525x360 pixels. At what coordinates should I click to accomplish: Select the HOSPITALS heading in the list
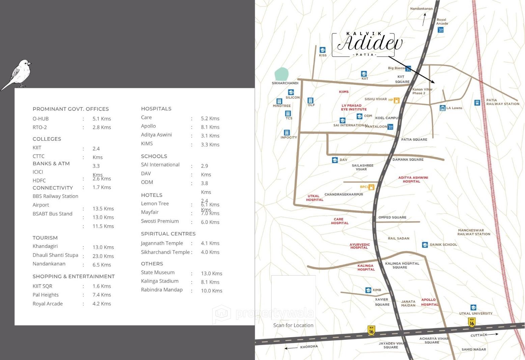[x=156, y=109]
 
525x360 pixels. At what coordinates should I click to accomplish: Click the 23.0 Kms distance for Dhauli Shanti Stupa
[x=103, y=256]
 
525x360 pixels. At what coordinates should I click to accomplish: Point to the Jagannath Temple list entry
[x=162, y=243]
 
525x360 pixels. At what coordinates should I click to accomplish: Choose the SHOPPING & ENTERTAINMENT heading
[x=74, y=276]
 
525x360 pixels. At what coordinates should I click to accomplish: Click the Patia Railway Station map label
[x=502, y=102]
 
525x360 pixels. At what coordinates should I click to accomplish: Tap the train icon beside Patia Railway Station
[x=477, y=103]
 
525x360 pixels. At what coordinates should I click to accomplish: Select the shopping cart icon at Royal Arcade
[x=440, y=30]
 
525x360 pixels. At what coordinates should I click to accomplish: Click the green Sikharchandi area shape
[x=281, y=74]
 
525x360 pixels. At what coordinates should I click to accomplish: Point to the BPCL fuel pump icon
[x=371, y=187]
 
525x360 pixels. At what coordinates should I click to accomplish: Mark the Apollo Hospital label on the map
[x=429, y=302]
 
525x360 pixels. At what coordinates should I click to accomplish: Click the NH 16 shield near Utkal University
[x=472, y=322]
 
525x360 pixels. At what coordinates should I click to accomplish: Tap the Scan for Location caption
[x=293, y=325]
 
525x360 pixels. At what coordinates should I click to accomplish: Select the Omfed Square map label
[x=392, y=217]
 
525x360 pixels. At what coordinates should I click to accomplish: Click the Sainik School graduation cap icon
[x=425, y=245]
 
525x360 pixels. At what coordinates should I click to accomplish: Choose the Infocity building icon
[x=287, y=132]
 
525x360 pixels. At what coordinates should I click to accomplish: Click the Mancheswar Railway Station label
[x=474, y=232]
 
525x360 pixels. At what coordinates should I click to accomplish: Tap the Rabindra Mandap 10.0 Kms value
[x=212, y=291]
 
